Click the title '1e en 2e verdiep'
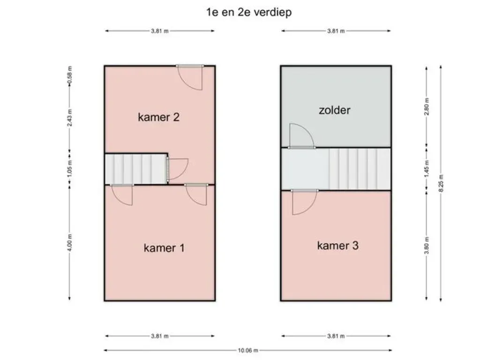click(249, 13)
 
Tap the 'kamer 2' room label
click(158, 117)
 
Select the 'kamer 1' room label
click(164, 247)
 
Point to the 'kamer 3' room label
click(337, 246)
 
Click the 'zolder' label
click(335, 110)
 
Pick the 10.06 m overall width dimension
click(248, 350)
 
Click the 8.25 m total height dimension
click(441, 183)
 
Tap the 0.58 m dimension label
click(70, 75)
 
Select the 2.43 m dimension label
click(70, 118)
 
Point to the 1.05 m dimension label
click(70, 168)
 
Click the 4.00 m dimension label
click(70, 242)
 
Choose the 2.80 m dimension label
click(427, 106)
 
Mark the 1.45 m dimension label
click(427, 168)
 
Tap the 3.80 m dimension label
click(427, 246)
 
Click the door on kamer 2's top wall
click(190, 77)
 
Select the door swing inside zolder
click(301, 136)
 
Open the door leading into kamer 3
click(304, 202)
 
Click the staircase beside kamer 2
click(136, 169)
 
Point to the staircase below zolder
click(360, 169)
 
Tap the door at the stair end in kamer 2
click(178, 169)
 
